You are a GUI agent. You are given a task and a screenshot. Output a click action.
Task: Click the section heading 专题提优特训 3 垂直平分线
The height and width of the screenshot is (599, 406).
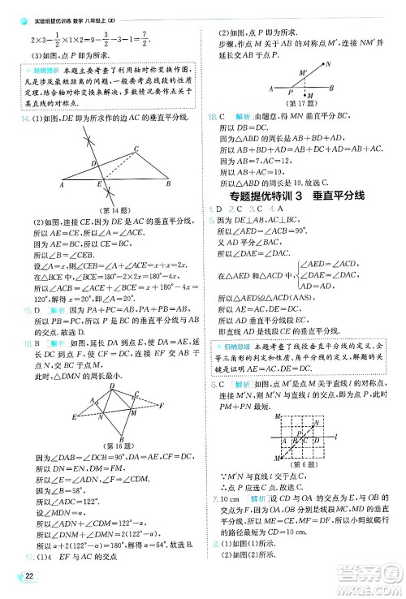[295, 195]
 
